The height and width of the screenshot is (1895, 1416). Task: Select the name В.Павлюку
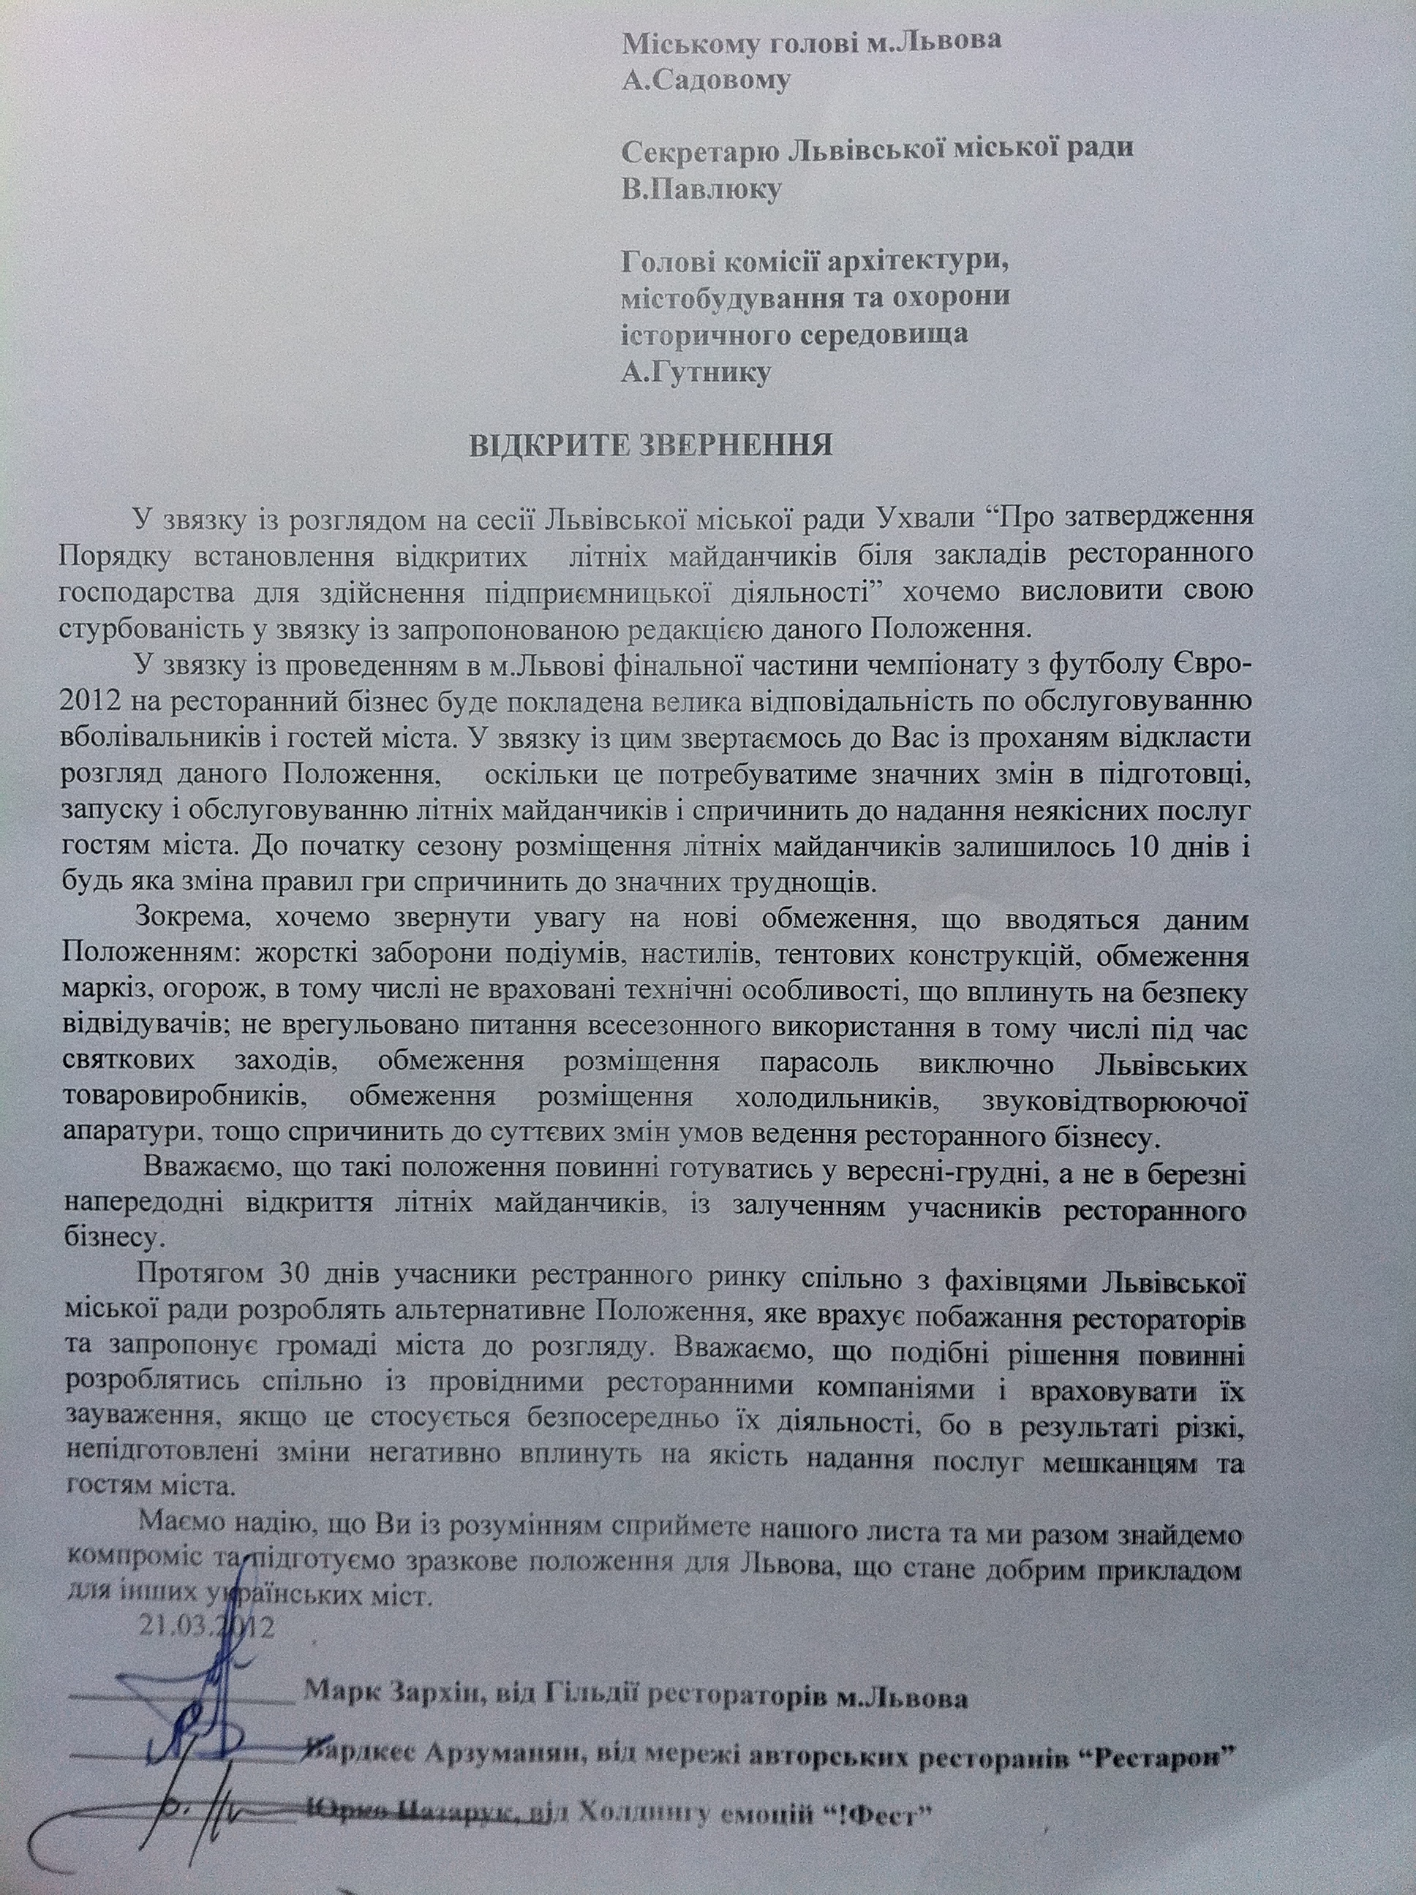701,189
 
